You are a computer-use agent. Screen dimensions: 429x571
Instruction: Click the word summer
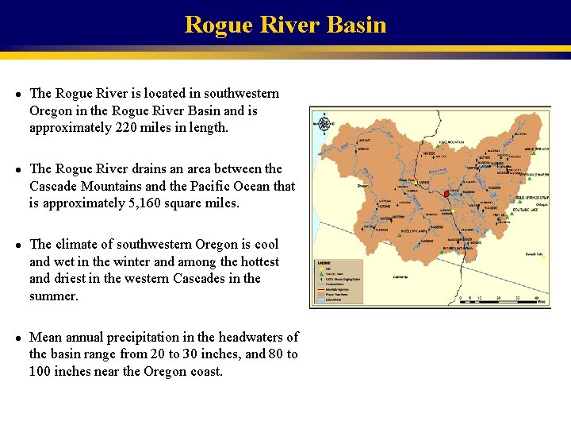click(53, 296)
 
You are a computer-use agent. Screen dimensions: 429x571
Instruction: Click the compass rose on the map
click(324, 124)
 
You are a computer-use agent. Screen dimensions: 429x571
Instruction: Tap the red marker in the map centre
click(446, 194)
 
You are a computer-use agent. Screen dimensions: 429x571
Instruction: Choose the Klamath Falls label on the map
click(534, 254)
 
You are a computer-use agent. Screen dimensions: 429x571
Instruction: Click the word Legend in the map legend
click(324, 263)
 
